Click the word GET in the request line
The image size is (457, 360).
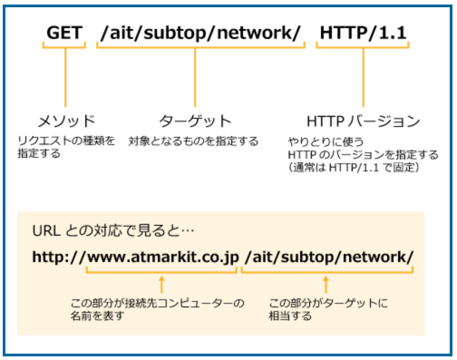click(x=64, y=33)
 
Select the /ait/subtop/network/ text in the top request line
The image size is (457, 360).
click(x=200, y=33)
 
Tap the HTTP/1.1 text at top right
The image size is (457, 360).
click(x=363, y=33)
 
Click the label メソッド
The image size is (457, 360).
click(x=66, y=121)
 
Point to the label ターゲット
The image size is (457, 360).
click(x=195, y=121)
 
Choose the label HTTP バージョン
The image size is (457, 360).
click(x=363, y=121)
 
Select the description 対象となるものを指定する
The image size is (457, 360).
click(x=193, y=141)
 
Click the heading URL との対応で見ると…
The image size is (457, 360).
click(x=113, y=231)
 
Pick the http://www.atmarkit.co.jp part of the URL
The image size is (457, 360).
click(x=135, y=257)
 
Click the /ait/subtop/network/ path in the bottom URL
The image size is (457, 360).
click(x=329, y=257)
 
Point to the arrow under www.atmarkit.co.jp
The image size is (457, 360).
click(x=161, y=284)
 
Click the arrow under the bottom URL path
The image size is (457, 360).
click(x=326, y=284)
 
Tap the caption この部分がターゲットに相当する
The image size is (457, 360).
click(x=328, y=309)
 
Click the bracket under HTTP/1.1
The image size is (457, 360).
click(x=363, y=45)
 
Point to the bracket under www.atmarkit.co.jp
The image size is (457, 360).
click(x=161, y=271)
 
